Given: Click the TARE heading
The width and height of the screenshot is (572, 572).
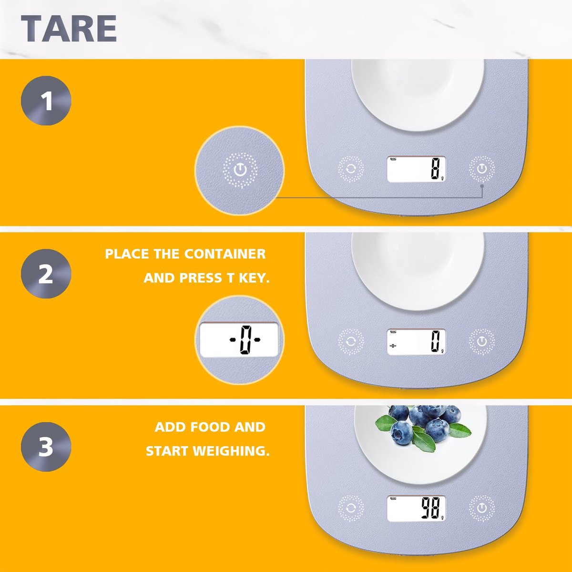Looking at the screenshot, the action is point(69,29).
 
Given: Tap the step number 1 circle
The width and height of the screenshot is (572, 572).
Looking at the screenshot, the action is point(46,101).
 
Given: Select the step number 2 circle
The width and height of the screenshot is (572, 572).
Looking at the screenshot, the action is point(46,274).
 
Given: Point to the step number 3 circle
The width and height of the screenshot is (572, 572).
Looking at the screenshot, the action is point(46,447).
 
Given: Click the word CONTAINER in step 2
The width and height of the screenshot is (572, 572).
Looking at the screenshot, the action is point(225,254).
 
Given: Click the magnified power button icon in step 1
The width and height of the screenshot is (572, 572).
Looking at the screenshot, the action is point(240,170).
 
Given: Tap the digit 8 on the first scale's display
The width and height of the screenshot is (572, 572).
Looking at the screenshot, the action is point(435,169).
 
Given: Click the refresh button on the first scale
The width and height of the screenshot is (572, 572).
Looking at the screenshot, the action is point(351,169).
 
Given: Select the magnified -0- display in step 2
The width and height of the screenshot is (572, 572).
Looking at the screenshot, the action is point(239,339).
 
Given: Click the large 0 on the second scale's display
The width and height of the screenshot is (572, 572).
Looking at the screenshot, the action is point(435,342).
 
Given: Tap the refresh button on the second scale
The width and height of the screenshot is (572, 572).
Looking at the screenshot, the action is point(351,342).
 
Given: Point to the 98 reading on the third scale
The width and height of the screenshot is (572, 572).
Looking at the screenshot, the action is point(431,509).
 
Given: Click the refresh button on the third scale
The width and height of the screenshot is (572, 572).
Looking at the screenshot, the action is point(351,509).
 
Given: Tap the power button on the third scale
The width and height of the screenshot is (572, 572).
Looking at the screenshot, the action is point(481,509).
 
